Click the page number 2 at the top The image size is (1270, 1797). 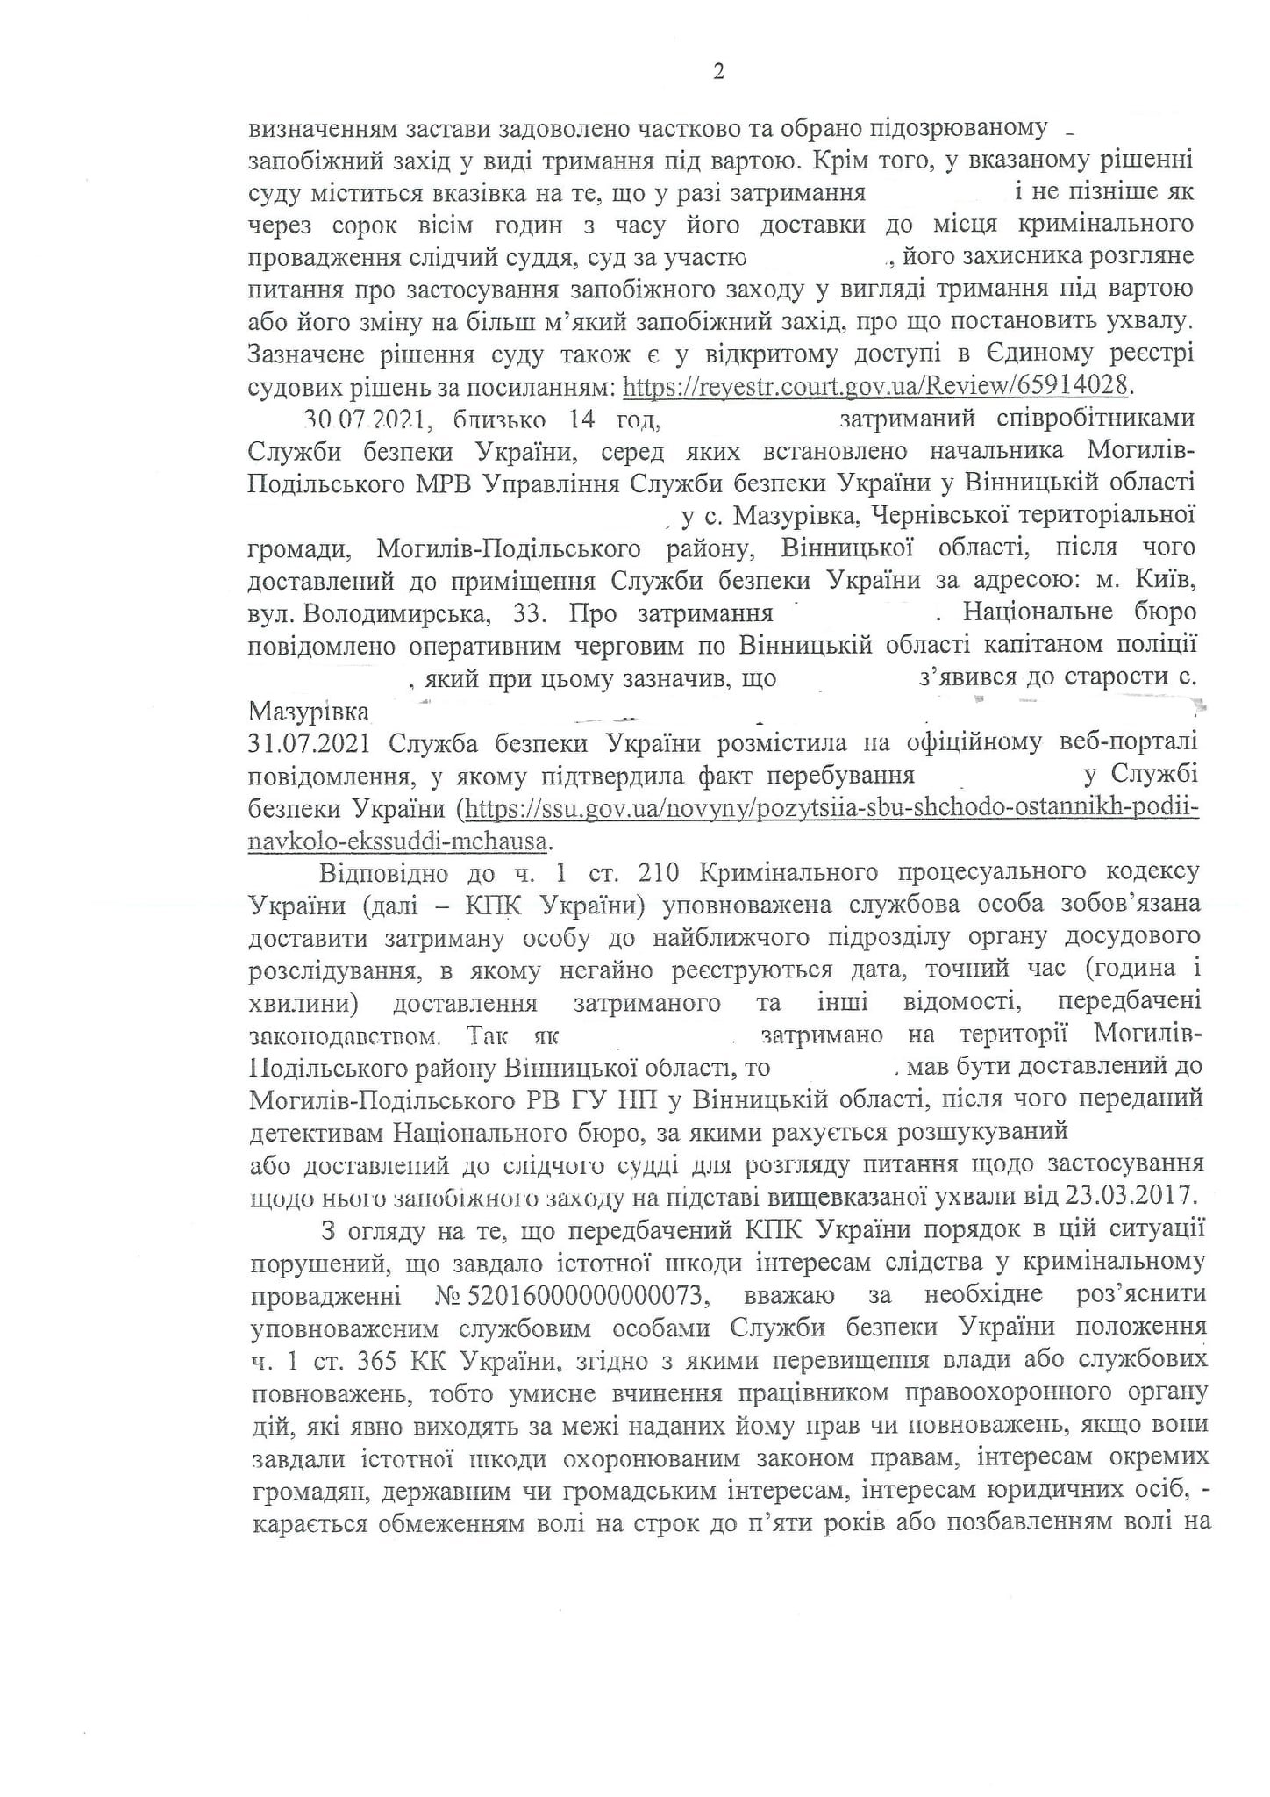click(718, 74)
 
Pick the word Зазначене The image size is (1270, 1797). click(310, 354)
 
